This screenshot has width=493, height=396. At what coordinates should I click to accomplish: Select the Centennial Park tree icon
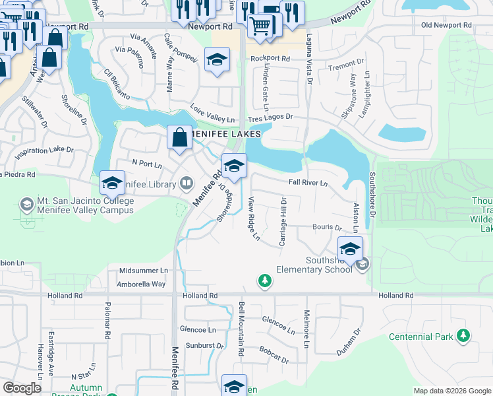(x=464, y=337)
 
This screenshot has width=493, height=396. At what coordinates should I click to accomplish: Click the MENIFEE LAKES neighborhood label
(x=226, y=133)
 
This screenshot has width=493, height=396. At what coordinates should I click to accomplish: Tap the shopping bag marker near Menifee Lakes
(x=179, y=138)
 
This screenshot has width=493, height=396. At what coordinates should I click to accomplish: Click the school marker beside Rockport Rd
(x=217, y=61)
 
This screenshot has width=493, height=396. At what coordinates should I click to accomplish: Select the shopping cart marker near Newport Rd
(x=260, y=26)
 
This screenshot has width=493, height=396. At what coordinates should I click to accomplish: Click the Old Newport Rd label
(x=446, y=25)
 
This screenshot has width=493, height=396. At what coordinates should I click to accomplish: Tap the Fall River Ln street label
(x=308, y=183)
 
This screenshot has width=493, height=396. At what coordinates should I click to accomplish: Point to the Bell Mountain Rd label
(x=241, y=330)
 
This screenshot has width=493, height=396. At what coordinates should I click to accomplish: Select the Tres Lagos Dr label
(x=270, y=117)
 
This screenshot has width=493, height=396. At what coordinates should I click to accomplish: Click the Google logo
(x=22, y=388)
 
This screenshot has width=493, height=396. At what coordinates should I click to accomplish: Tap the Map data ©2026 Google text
(x=451, y=391)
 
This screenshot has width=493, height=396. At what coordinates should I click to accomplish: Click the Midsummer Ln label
(x=143, y=271)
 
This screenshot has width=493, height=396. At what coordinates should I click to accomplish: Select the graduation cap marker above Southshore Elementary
(x=350, y=249)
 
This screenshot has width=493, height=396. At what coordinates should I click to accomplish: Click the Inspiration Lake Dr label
(x=44, y=150)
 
